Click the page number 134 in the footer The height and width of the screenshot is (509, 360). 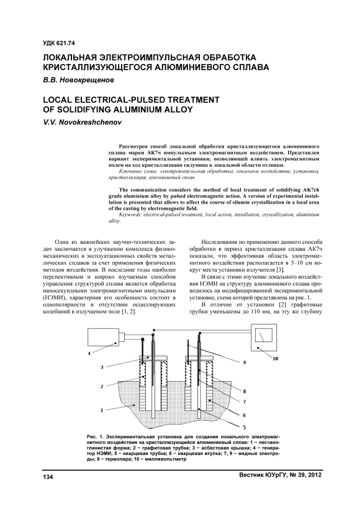tap(48, 477)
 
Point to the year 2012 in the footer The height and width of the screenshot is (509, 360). tap(315, 475)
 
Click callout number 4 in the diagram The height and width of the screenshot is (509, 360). tap(89, 354)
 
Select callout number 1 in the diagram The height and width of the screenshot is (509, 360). tap(102, 410)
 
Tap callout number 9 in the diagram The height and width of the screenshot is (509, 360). tap(245, 363)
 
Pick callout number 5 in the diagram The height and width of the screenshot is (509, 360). tap(244, 426)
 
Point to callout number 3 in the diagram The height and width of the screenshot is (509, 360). tap(102, 367)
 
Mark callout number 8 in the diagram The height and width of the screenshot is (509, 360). tap(244, 391)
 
